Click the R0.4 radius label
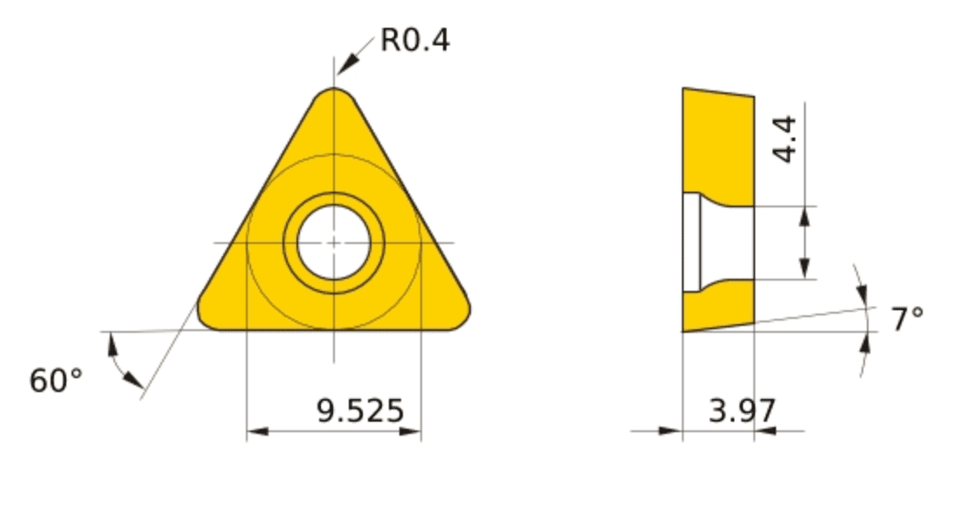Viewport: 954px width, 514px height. [x=415, y=40]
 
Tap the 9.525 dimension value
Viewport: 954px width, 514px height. [x=360, y=410]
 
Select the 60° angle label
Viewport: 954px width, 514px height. [x=55, y=381]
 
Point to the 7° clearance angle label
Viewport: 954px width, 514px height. [x=907, y=319]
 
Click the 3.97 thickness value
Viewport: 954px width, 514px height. [x=742, y=410]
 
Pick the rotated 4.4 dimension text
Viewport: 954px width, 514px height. [x=784, y=139]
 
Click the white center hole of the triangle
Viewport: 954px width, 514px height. [x=334, y=242]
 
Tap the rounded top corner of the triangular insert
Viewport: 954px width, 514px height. [x=334, y=91]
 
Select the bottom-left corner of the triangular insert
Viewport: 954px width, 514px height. [x=204, y=319]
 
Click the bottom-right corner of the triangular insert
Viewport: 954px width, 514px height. [x=464, y=319]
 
